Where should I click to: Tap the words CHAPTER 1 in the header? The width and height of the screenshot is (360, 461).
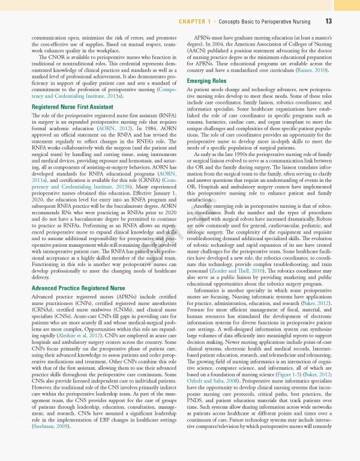tap(198, 22)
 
